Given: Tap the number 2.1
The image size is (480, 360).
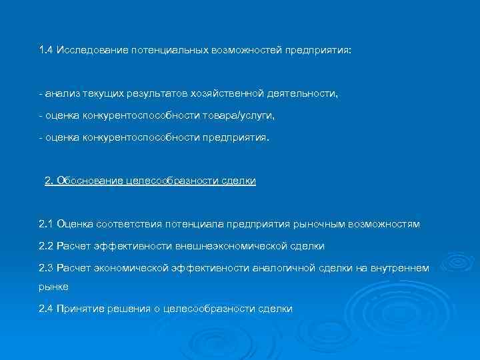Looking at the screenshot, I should coord(46,224).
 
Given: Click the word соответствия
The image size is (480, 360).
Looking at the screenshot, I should coord(129,224).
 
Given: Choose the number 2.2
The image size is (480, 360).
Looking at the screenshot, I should coord(46,246).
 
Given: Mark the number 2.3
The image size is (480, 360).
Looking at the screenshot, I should coord(46,268).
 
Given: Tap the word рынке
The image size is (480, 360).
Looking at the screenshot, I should coord(54,287).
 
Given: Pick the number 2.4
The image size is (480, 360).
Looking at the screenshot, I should coord(46,308).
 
